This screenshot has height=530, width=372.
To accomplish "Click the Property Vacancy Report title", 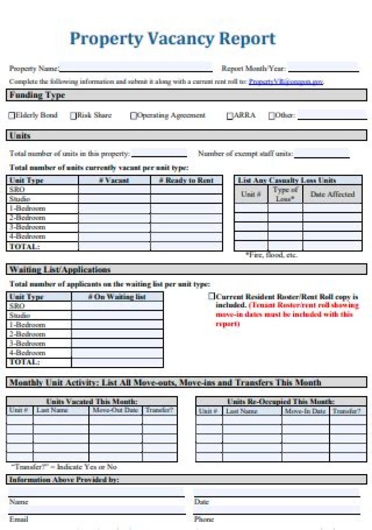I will click(173, 39).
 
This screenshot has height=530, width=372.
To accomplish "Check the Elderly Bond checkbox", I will click(12, 116).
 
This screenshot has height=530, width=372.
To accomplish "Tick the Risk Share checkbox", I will click(73, 116).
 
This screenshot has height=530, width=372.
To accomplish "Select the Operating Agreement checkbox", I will click(134, 116).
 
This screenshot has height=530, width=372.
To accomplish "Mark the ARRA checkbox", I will click(230, 116).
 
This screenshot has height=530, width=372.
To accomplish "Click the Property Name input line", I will click(136, 68).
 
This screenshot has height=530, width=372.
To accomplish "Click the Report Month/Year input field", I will click(323, 68).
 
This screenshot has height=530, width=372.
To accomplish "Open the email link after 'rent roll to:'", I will click(286, 82).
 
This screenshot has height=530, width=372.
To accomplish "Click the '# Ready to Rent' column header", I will click(186, 180).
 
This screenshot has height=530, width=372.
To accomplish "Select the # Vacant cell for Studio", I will click(114, 199).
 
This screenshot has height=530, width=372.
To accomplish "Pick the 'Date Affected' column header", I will click(332, 194).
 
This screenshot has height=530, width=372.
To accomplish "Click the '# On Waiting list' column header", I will click(117, 297).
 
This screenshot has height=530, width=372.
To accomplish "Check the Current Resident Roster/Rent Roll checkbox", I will click(211, 297).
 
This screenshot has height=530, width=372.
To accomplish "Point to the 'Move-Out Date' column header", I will click(115, 410).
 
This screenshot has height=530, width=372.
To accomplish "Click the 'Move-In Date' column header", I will click(305, 411).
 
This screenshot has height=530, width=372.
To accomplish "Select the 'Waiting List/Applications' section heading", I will click(60, 270).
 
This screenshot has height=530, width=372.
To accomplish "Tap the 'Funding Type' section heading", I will click(37, 96).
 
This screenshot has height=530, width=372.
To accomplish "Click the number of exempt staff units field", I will click(321, 154).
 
